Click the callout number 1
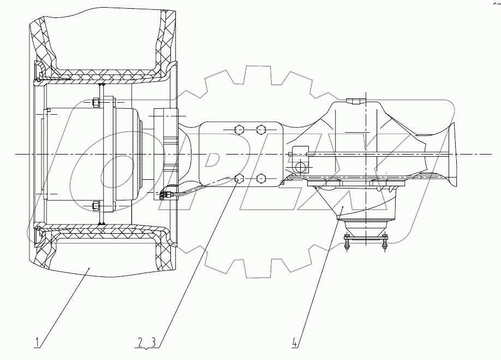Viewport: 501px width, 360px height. pyautogui.click(x=37, y=343)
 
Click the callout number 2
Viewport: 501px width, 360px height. pyautogui.click(x=140, y=343)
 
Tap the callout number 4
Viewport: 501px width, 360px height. pyautogui.click(x=295, y=343)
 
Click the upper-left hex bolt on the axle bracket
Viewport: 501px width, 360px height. pyautogui.click(x=238, y=129)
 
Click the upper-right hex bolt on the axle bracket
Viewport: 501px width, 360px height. pyautogui.click(x=261, y=129)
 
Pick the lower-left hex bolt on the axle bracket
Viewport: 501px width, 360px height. pyautogui.click(x=238, y=178)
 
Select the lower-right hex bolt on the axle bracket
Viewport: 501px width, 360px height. pyautogui.click(x=261, y=178)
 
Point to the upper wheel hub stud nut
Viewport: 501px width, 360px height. pyautogui.click(x=96, y=102)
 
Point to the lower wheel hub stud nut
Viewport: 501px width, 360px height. pyautogui.click(x=96, y=206)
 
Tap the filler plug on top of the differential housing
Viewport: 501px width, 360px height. pyautogui.click(x=353, y=101)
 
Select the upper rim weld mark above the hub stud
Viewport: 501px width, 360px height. pyautogui.click(x=102, y=85)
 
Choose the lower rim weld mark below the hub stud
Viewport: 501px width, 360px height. pyautogui.click(x=102, y=222)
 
